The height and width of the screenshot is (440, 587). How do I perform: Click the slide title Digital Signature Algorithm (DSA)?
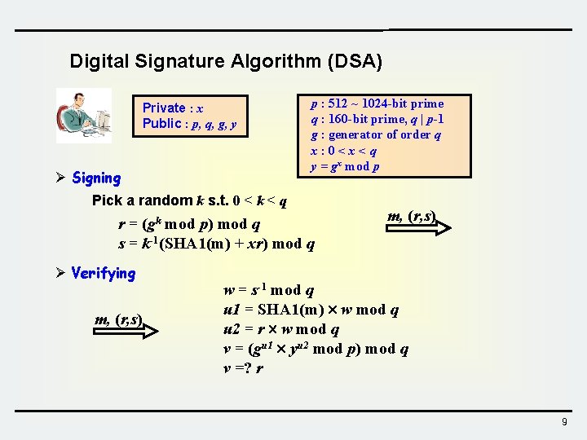click(x=226, y=61)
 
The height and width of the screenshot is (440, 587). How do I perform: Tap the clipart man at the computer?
click(x=84, y=116)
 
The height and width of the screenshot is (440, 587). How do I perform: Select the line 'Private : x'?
click(x=173, y=108)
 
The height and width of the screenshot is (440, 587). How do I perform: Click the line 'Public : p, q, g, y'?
click(x=190, y=124)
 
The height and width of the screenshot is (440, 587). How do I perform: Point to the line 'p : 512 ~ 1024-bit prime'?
click(x=377, y=103)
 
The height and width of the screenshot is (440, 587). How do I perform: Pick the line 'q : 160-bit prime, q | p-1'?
click(x=377, y=119)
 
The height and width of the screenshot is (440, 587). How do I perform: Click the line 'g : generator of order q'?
click(x=375, y=135)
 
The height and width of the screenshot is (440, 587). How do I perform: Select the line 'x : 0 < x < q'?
click(x=343, y=151)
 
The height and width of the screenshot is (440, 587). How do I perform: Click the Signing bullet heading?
click(x=95, y=178)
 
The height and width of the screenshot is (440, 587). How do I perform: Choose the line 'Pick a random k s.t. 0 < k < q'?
click(x=189, y=200)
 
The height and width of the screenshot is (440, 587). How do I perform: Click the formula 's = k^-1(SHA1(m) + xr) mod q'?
click(x=216, y=244)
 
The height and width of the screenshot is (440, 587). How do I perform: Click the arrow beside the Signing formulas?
click(x=420, y=227)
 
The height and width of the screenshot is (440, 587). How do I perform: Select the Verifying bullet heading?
click(x=103, y=274)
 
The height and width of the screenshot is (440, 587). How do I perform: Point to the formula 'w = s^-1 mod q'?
click(x=269, y=290)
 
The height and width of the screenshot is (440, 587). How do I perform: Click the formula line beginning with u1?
click(x=311, y=310)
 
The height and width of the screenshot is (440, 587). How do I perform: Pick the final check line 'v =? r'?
click(x=243, y=368)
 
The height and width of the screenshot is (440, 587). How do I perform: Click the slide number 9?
click(x=564, y=421)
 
